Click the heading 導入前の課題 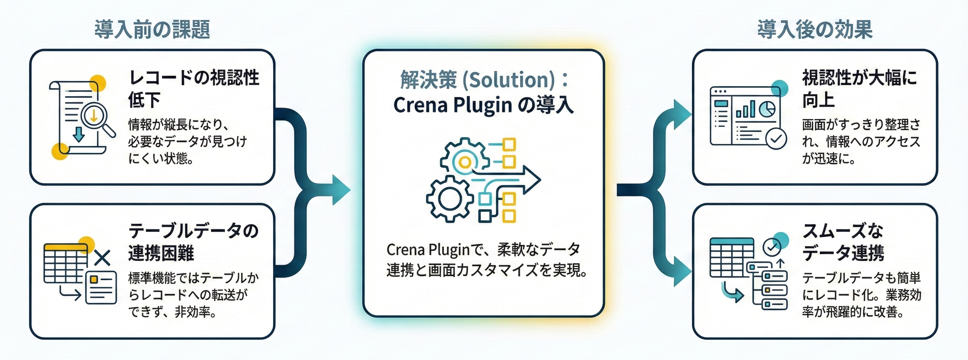(x=152, y=29)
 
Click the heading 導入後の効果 (x=815, y=29)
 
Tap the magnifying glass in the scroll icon (x=95, y=116)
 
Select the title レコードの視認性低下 (x=194, y=89)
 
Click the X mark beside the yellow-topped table (x=102, y=258)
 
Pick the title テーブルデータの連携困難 (x=193, y=242)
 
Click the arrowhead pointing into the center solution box (x=340, y=190)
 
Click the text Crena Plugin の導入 (x=483, y=105)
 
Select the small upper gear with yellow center (x=465, y=162)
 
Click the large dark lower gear (x=448, y=200)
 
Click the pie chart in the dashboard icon (x=767, y=109)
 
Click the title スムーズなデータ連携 (x=843, y=242)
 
